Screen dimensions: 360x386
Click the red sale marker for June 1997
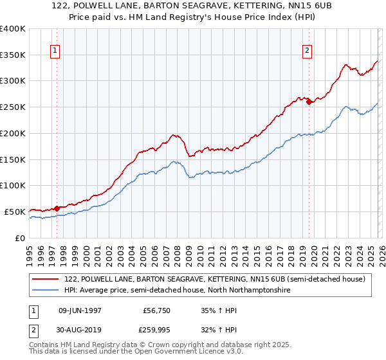click(57, 208)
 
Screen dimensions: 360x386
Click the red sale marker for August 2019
click(309, 101)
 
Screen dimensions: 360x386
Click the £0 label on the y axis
click(19, 238)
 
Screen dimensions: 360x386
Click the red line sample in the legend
click(45, 279)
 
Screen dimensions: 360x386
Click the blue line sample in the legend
click(45, 291)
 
